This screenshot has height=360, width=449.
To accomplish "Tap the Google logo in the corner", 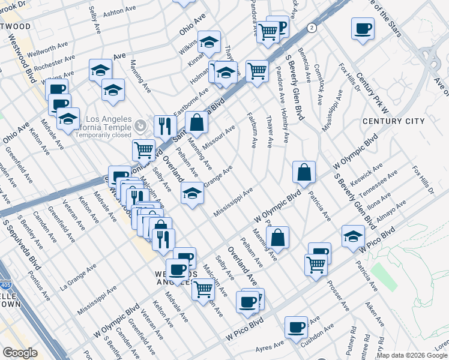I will [x=20, y=353].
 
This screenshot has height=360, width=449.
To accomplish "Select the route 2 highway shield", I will [x=312, y=28].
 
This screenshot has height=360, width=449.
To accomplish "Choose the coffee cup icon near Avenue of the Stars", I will [x=363, y=28].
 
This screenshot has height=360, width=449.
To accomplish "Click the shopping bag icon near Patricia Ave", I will [x=305, y=172].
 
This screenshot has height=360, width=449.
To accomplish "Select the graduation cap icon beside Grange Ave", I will [x=192, y=193].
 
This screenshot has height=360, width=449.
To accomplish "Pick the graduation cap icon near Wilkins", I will [x=209, y=42].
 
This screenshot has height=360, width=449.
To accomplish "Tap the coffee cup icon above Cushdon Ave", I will [x=297, y=328].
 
